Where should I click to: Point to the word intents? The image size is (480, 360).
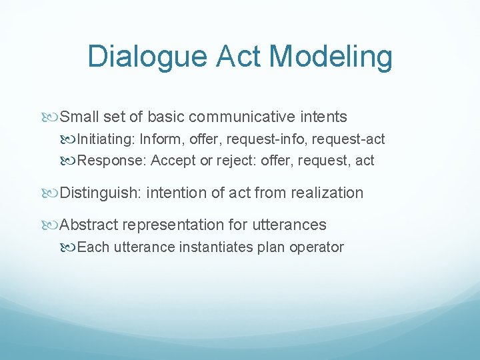click(x=323, y=117)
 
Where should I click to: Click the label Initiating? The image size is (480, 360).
click(x=107, y=139)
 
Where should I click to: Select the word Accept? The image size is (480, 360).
click(x=173, y=161)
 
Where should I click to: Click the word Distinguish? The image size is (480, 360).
click(x=101, y=193)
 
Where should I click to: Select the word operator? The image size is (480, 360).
click(x=319, y=247)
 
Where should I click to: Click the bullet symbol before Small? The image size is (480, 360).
click(x=52, y=117)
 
